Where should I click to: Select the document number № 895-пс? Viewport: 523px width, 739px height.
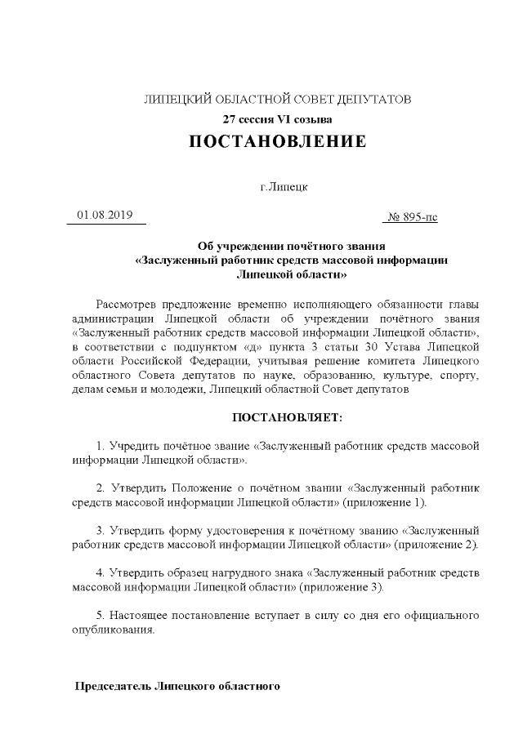[x=414, y=216]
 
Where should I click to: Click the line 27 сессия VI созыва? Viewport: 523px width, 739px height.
[x=278, y=119]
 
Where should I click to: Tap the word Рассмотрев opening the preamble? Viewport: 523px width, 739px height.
[x=127, y=305]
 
